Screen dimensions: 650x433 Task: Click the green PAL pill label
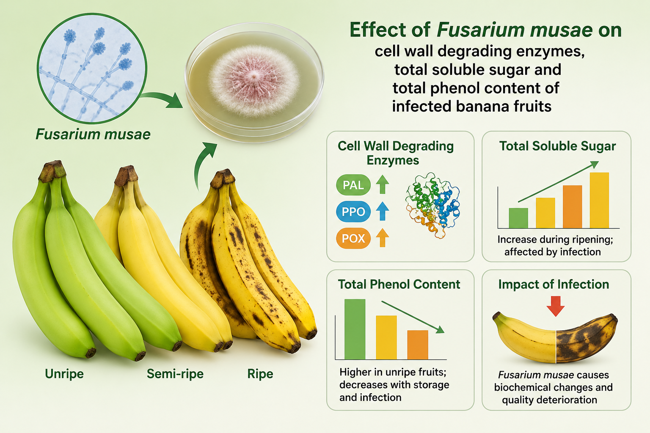pyautogui.click(x=353, y=185)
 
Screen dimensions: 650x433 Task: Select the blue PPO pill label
pyautogui.click(x=353, y=212)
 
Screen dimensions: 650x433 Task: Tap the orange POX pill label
pyautogui.click(x=353, y=238)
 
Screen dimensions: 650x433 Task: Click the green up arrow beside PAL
pyautogui.click(x=383, y=184)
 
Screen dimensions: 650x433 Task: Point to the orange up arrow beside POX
pyautogui.click(x=383, y=238)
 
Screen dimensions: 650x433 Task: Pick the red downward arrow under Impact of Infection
pyautogui.click(x=555, y=306)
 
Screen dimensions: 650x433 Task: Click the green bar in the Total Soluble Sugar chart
pyautogui.click(x=518, y=218)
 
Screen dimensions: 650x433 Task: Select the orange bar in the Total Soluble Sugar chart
pyautogui.click(x=572, y=207)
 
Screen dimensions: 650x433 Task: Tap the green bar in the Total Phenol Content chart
pyautogui.click(x=355, y=329)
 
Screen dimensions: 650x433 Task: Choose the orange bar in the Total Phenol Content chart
pyautogui.click(x=418, y=345)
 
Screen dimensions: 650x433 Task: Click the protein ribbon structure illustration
pyautogui.click(x=432, y=206)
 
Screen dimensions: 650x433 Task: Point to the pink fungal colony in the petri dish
pyautogui.click(x=254, y=81)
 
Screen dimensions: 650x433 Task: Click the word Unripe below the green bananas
pyautogui.click(x=64, y=374)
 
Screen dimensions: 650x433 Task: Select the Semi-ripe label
pyautogui.click(x=175, y=374)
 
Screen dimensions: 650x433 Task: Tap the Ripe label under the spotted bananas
pyautogui.click(x=260, y=374)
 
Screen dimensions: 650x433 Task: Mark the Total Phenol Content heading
pyautogui.click(x=399, y=284)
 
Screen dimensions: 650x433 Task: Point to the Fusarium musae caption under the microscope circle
pyautogui.click(x=93, y=134)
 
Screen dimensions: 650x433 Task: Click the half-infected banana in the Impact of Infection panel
pyautogui.click(x=555, y=338)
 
